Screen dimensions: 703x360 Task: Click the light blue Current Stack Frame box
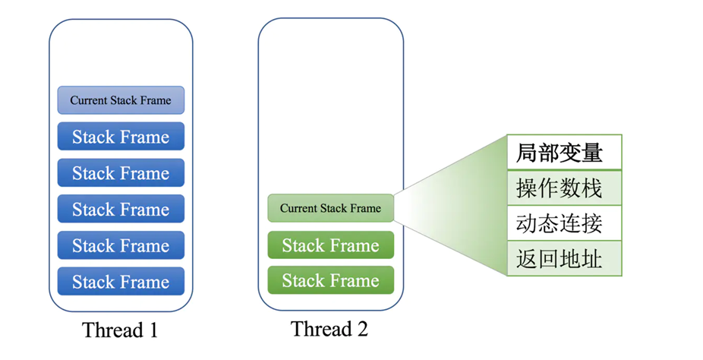121,100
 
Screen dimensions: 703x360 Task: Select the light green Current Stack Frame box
330,208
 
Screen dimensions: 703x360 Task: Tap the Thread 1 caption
120,330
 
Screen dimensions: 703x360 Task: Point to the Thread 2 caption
329,329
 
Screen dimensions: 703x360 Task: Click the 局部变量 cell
564,153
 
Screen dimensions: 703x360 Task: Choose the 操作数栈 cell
564,188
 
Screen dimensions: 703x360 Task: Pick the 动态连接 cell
564,223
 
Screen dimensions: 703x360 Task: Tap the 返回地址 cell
564,259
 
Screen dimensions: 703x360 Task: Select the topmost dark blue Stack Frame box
121,136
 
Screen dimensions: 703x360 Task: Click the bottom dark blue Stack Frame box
121,282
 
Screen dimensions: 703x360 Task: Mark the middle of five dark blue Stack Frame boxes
121,209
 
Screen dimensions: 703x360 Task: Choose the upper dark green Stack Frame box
330,245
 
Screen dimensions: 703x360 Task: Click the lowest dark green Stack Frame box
330,280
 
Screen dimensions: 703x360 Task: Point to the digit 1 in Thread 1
153,330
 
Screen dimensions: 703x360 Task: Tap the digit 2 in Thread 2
362,329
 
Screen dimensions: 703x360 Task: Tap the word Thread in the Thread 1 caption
112,330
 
